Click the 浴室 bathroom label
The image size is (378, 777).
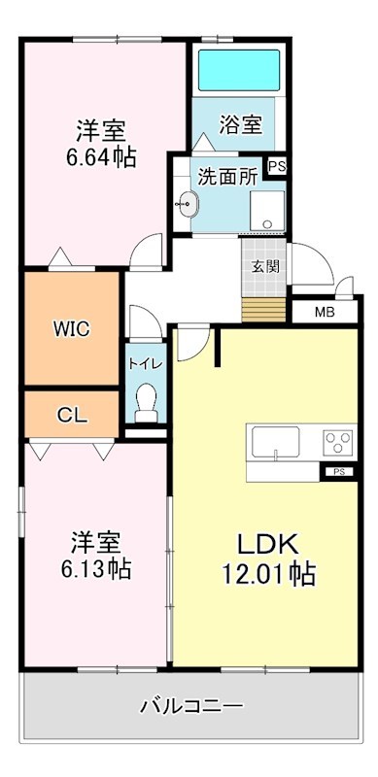[x=241, y=124]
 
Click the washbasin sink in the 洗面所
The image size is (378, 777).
[x=189, y=205]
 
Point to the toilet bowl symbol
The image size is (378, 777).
[x=147, y=399]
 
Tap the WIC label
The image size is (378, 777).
[x=72, y=328]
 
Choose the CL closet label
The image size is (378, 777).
[x=72, y=415]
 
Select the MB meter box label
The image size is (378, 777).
[x=325, y=312]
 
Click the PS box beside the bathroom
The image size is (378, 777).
[x=277, y=166]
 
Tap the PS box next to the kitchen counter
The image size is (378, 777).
[x=338, y=472]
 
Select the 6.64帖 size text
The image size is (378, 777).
[x=102, y=155]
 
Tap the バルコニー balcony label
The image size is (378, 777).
[x=190, y=705]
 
